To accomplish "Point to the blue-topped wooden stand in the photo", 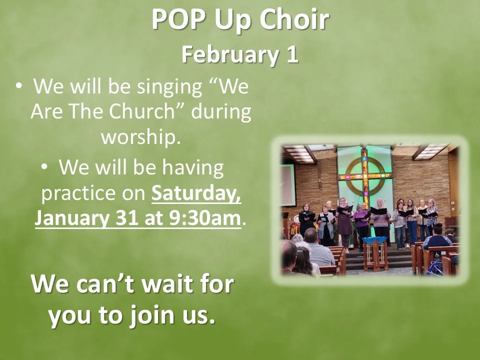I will [375, 250].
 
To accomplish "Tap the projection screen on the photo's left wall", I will [287, 185].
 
